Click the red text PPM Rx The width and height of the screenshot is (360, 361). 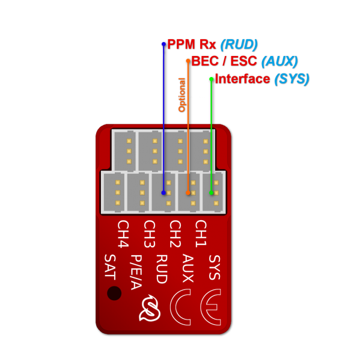pos(192,45)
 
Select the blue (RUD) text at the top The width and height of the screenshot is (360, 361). pos(239,45)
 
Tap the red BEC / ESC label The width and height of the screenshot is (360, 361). pos(224,61)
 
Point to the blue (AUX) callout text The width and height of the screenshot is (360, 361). pos(279,61)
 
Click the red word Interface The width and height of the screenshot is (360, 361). pos(242,79)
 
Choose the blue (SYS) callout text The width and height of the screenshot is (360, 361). pos(291,79)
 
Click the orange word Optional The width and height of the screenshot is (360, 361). pos(182,94)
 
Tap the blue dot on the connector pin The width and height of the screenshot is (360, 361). pos(163,193)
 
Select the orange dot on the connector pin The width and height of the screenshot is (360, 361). pos(188,193)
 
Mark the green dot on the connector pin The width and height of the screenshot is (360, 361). pos(211,193)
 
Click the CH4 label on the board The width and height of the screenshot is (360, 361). pos(123,234)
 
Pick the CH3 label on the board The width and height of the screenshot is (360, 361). pos(149,234)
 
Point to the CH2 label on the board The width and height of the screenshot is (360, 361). pos(175,234)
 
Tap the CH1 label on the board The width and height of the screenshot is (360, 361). pos(201,234)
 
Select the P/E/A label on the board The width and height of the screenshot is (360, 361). pos(136,272)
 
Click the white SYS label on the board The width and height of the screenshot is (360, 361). pos(214,267)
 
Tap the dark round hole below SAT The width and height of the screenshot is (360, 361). pos(114,293)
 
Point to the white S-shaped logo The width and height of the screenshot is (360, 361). pos(149,308)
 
